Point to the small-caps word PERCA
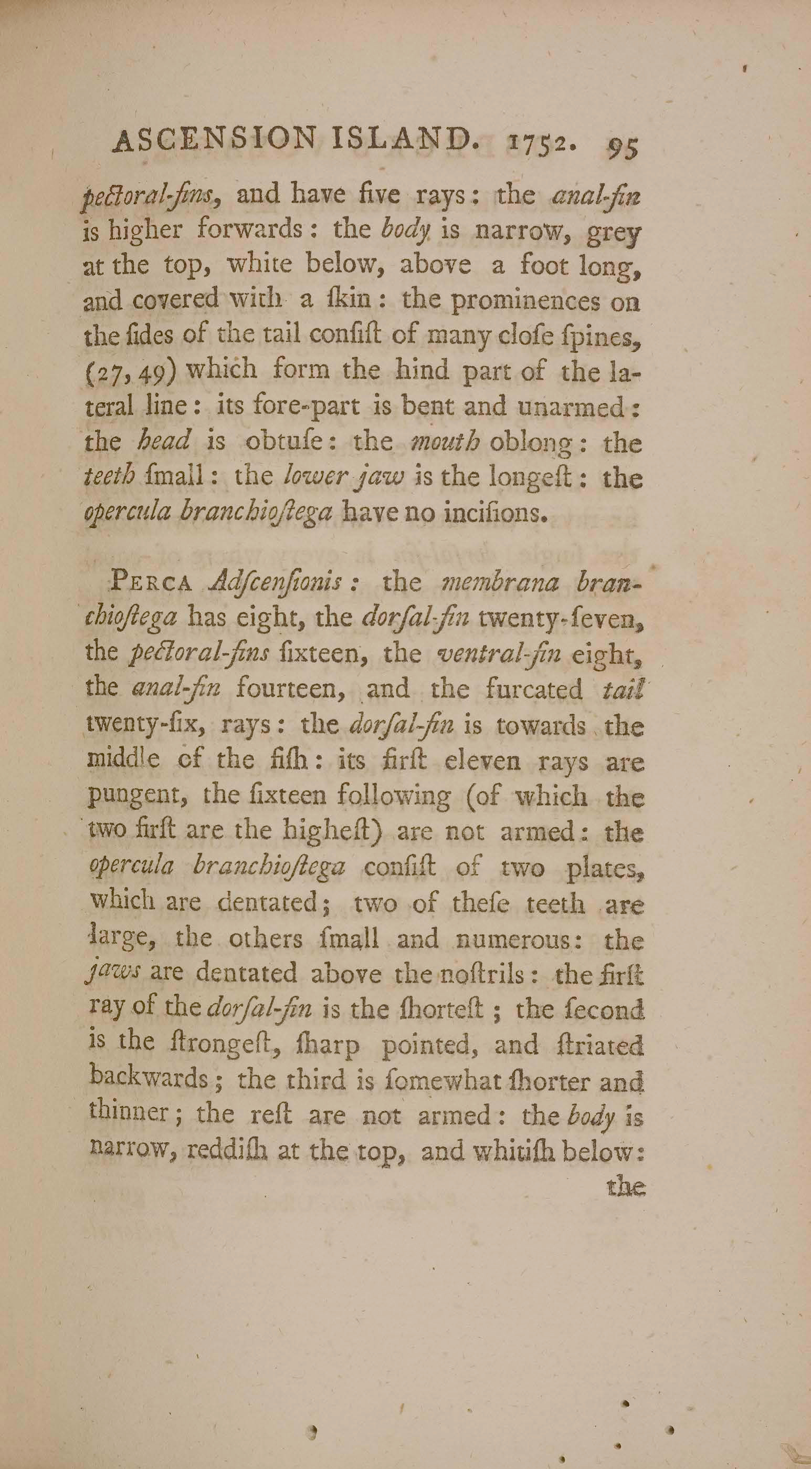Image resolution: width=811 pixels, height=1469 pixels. coord(152,583)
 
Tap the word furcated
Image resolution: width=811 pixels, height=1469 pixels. coord(534,689)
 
